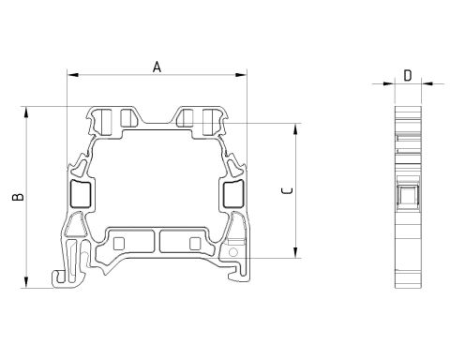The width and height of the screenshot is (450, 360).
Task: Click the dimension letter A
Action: pyautogui.click(x=157, y=66)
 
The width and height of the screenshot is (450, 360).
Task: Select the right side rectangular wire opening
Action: pyautogui.click(x=233, y=194)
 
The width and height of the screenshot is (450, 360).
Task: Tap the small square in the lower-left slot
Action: pyautogui.click(x=120, y=244)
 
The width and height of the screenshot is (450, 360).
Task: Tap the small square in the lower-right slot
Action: pyautogui.click(x=194, y=244)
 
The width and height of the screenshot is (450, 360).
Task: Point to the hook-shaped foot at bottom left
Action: pyautogui.click(x=61, y=276)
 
